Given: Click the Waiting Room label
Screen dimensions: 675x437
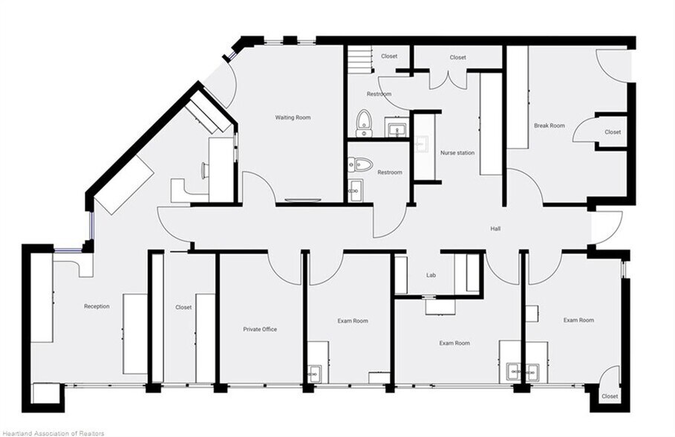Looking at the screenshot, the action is coord(293,117).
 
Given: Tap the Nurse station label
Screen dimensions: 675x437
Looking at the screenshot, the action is coord(457,152).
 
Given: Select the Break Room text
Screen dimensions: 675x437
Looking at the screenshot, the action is coord(550,126).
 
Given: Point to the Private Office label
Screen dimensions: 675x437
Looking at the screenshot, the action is coord(260,329).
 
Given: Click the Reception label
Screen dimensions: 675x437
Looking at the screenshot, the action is coord(97,306).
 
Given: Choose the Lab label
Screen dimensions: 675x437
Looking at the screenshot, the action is coord(431,275).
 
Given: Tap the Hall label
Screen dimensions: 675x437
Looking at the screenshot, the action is coord(495,228).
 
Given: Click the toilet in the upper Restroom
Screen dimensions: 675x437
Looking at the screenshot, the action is coord(364,123).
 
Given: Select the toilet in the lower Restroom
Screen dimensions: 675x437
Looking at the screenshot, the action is coord(361,164).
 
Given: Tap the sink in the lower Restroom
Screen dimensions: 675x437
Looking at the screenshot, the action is coord(355,190).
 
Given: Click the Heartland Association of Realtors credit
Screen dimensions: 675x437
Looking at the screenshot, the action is coord(53,433).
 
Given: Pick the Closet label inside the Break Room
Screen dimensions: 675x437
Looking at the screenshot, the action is coord(613,132).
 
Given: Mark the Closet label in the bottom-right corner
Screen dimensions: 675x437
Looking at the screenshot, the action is coord(610,396).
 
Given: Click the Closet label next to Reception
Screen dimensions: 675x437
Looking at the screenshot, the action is coord(183,307).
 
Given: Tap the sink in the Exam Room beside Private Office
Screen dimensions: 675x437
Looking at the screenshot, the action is coord(315,373).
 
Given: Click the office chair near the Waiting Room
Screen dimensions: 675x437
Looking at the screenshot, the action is coord(205,169).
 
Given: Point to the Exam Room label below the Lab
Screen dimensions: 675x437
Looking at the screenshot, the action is coord(454,343).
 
